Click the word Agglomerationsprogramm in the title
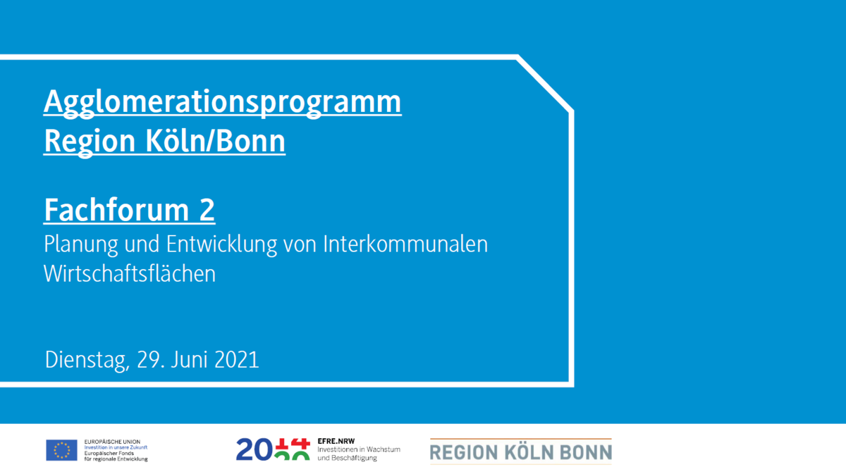point(223,103)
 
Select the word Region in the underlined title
point(89,142)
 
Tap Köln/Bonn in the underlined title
point(215,140)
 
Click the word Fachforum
point(116,209)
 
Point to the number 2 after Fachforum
point(207,210)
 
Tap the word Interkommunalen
point(405,244)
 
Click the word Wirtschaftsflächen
point(130,273)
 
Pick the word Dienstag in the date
point(87,361)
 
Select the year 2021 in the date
point(236,360)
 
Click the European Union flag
point(61,450)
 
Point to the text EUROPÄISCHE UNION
point(112,442)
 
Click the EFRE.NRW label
point(336,441)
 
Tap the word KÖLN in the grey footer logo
point(528,452)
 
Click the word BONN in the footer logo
point(585,452)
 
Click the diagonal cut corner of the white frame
point(545,84)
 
